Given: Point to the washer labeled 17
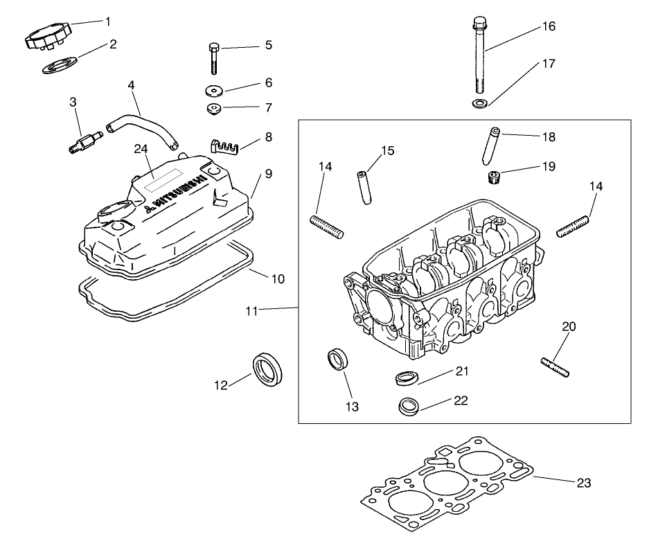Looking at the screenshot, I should (479, 104).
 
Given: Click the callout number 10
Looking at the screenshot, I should (277, 279).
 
